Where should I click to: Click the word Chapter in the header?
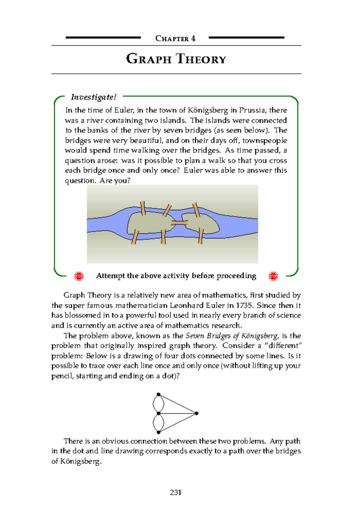tap(172, 38)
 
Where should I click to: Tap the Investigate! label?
tap(93, 97)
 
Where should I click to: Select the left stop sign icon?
tap(79, 276)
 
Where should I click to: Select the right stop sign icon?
tap(273, 276)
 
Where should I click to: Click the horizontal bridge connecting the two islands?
tap(179, 223)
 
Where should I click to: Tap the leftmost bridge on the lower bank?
tap(135, 237)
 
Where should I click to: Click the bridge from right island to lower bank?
tap(200, 236)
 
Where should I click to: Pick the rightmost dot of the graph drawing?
tap(196, 413)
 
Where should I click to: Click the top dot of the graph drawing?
tap(158, 394)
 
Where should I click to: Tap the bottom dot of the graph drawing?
tap(158, 432)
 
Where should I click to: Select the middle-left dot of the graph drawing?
tap(158, 413)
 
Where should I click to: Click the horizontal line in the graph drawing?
tap(178, 413)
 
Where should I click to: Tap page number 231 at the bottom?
tap(175, 492)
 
